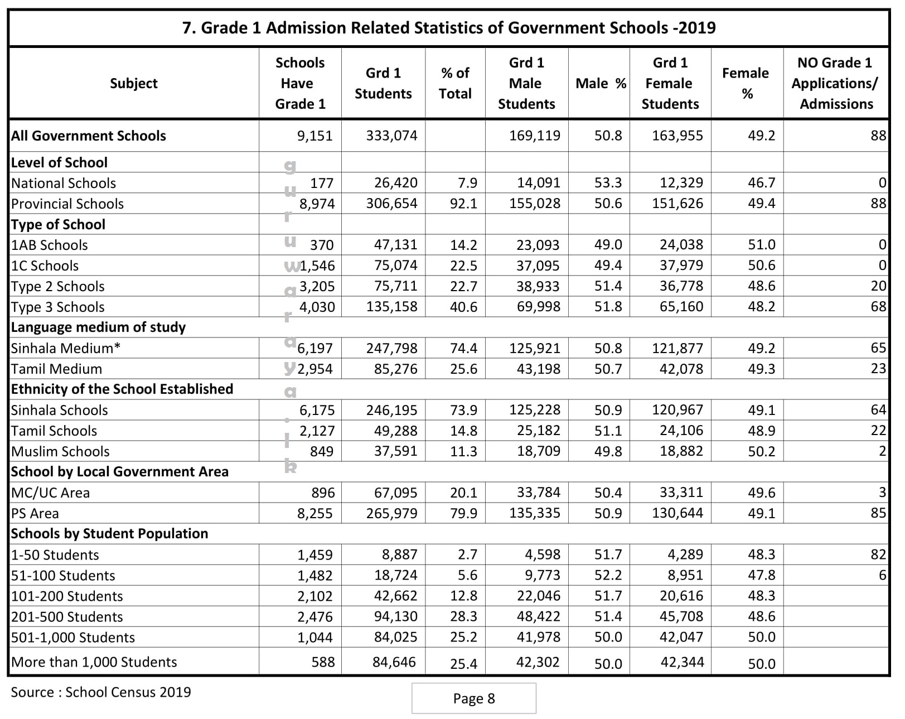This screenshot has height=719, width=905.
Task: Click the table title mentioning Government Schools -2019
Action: (x=449, y=28)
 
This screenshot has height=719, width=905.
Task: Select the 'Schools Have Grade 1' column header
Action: (x=300, y=83)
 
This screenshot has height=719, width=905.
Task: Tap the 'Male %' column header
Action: (x=601, y=84)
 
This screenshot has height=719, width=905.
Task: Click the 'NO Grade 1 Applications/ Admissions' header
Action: (x=835, y=83)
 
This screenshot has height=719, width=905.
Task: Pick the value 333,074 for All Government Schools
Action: (x=391, y=136)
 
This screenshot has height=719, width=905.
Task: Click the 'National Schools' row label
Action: (x=64, y=184)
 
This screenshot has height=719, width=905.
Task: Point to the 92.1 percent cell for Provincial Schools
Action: (x=463, y=204)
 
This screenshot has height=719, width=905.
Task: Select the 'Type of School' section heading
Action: (x=58, y=224)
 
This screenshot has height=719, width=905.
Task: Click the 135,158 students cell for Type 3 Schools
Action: (x=391, y=307)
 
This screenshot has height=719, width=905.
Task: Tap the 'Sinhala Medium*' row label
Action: (x=66, y=349)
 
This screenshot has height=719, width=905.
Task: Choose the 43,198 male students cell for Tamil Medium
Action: (x=538, y=369)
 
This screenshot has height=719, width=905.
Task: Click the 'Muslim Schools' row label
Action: (x=60, y=451)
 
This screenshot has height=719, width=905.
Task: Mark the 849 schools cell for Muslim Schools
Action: (x=322, y=451)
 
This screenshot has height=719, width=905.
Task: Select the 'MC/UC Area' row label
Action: (x=50, y=493)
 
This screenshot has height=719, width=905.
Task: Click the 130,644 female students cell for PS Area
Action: (x=677, y=513)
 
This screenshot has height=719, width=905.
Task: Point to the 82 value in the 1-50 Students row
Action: (x=878, y=554)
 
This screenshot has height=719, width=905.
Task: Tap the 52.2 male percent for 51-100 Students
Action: (x=608, y=575)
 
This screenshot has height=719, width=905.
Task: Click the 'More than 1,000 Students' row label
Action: (x=94, y=662)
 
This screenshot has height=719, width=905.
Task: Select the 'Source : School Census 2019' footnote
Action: (x=101, y=692)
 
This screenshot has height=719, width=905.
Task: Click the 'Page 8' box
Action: (x=474, y=698)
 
